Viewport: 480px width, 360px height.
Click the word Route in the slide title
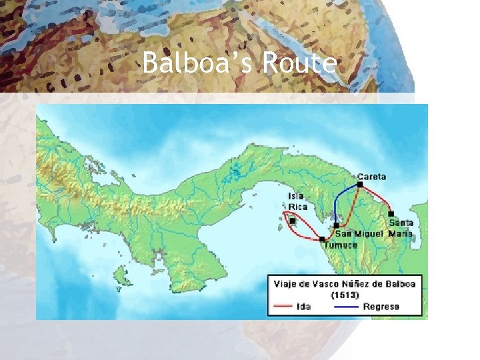(x=299, y=64)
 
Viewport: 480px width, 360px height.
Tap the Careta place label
(x=371, y=177)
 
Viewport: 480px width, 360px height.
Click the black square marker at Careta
(x=360, y=184)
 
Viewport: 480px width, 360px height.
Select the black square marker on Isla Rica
(x=292, y=221)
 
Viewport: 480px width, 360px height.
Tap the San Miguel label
(x=359, y=233)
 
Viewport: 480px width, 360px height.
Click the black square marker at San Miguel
(x=337, y=225)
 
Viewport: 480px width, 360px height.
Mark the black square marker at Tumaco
(x=323, y=239)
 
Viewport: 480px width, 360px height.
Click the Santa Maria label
(x=401, y=227)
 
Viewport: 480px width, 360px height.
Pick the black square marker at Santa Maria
(x=391, y=213)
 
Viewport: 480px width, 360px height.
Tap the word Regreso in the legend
(x=381, y=307)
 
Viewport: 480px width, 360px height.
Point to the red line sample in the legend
(x=283, y=307)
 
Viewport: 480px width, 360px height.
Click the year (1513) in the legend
(x=345, y=295)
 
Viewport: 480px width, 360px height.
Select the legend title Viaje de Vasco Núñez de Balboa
(x=345, y=284)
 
